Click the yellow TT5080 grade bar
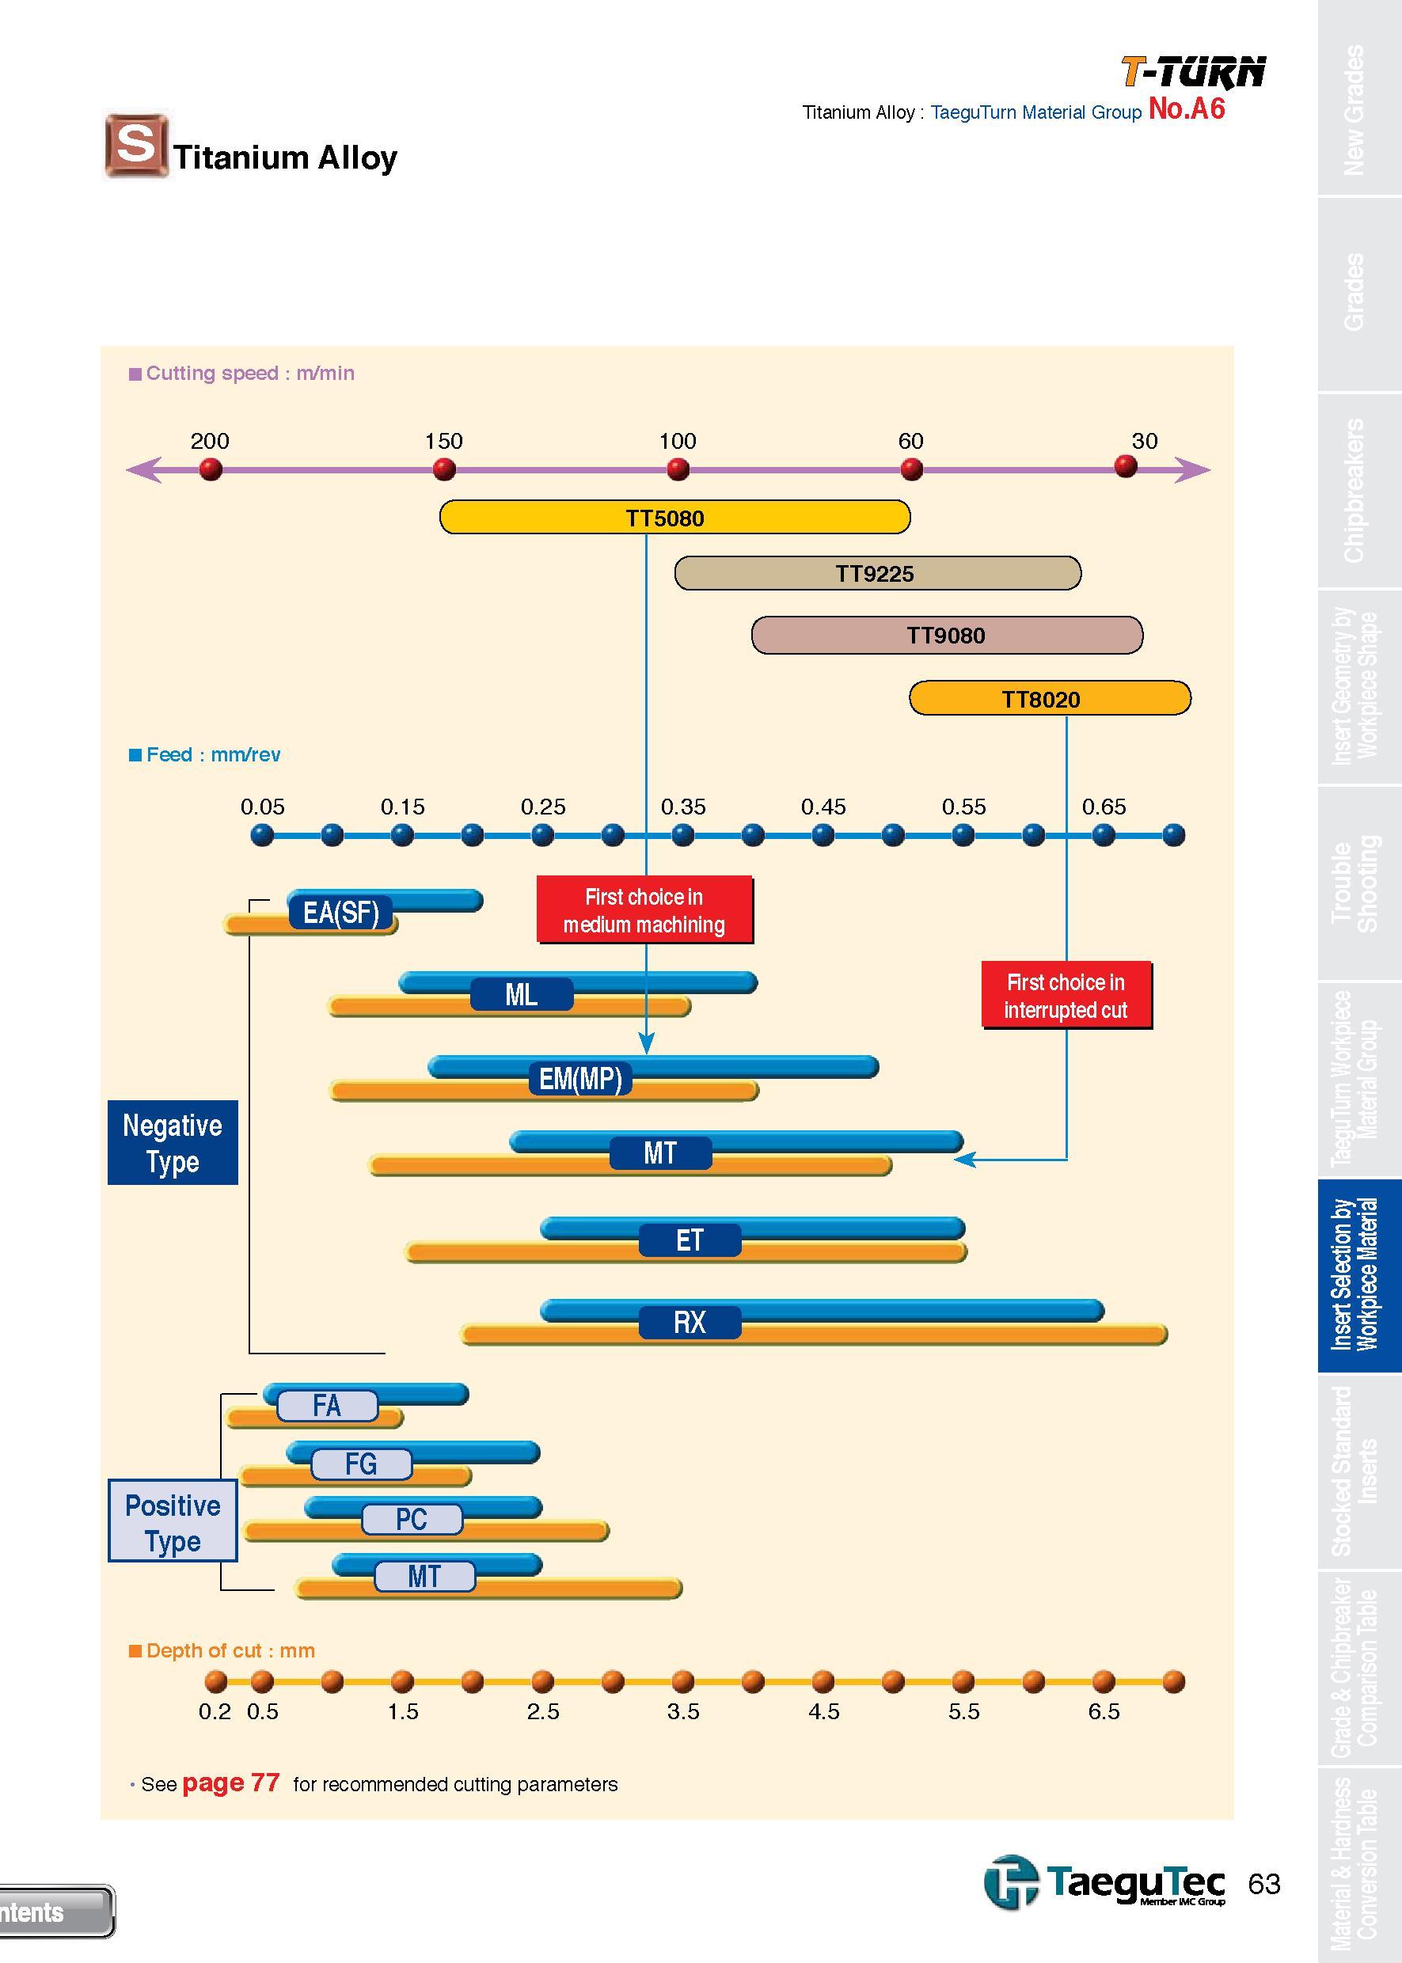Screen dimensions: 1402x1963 pos(674,517)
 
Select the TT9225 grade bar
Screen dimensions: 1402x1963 pos(877,573)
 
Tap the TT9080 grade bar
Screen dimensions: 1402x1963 pos(947,636)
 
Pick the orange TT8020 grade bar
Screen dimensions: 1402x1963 pos(1050,698)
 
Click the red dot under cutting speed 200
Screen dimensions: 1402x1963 pos(210,469)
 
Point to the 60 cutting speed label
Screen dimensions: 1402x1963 pos(910,441)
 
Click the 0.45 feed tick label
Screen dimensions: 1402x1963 pos(823,807)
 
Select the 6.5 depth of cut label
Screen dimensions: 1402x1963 pos(1104,1711)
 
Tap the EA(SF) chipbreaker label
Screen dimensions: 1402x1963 pos(340,913)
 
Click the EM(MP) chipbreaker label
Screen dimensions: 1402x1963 pos(580,1078)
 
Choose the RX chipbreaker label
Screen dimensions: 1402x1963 pos(690,1323)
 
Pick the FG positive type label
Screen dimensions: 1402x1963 pos(361,1464)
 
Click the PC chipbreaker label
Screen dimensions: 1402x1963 pos(412,1519)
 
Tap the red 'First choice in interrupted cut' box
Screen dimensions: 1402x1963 pos(1066,995)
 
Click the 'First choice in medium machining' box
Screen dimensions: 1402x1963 pos(644,909)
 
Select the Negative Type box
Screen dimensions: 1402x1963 pos(173,1142)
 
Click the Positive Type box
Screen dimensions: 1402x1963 pos(173,1521)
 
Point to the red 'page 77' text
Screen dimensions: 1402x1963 pos(231,1783)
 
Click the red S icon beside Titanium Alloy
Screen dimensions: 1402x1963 pos(136,144)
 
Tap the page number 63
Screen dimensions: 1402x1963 pos(1264,1885)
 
